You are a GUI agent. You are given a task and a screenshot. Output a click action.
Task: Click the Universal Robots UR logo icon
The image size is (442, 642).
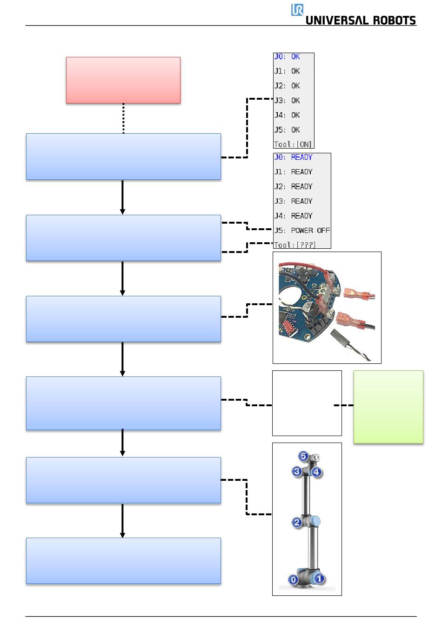[297, 10]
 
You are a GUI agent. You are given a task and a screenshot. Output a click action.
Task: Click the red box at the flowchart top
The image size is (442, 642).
[123, 80]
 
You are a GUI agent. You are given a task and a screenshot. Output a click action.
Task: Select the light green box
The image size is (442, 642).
[388, 407]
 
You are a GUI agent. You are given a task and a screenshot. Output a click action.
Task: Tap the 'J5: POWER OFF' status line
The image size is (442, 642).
[302, 231]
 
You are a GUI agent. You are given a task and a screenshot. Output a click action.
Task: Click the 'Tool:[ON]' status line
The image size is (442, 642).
[293, 144]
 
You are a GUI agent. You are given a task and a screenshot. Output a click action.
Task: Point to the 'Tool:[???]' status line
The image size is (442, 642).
[295, 245]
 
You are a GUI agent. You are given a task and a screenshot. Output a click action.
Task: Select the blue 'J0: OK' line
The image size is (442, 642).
[287, 56]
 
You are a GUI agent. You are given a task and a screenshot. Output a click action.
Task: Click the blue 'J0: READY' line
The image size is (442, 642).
[293, 157]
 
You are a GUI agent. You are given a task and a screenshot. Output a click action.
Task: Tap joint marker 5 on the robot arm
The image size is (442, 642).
[303, 456]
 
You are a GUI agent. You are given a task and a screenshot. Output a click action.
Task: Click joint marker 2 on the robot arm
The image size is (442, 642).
[297, 522]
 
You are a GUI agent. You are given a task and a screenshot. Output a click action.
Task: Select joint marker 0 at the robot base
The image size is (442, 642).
[293, 580]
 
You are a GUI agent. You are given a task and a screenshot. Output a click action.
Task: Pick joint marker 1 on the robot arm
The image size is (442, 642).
[319, 578]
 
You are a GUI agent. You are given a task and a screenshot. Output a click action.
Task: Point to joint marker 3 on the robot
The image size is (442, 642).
[297, 471]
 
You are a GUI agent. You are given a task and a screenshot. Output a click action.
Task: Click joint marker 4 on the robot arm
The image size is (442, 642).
[316, 472]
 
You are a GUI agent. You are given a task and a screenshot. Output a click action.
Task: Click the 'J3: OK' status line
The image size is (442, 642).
[287, 100]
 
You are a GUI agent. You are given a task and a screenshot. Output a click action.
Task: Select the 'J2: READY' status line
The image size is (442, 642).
[293, 186]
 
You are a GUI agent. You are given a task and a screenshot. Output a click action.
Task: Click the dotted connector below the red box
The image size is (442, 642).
[123, 118]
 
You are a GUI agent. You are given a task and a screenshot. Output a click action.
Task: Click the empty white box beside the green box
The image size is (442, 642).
[307, 403]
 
